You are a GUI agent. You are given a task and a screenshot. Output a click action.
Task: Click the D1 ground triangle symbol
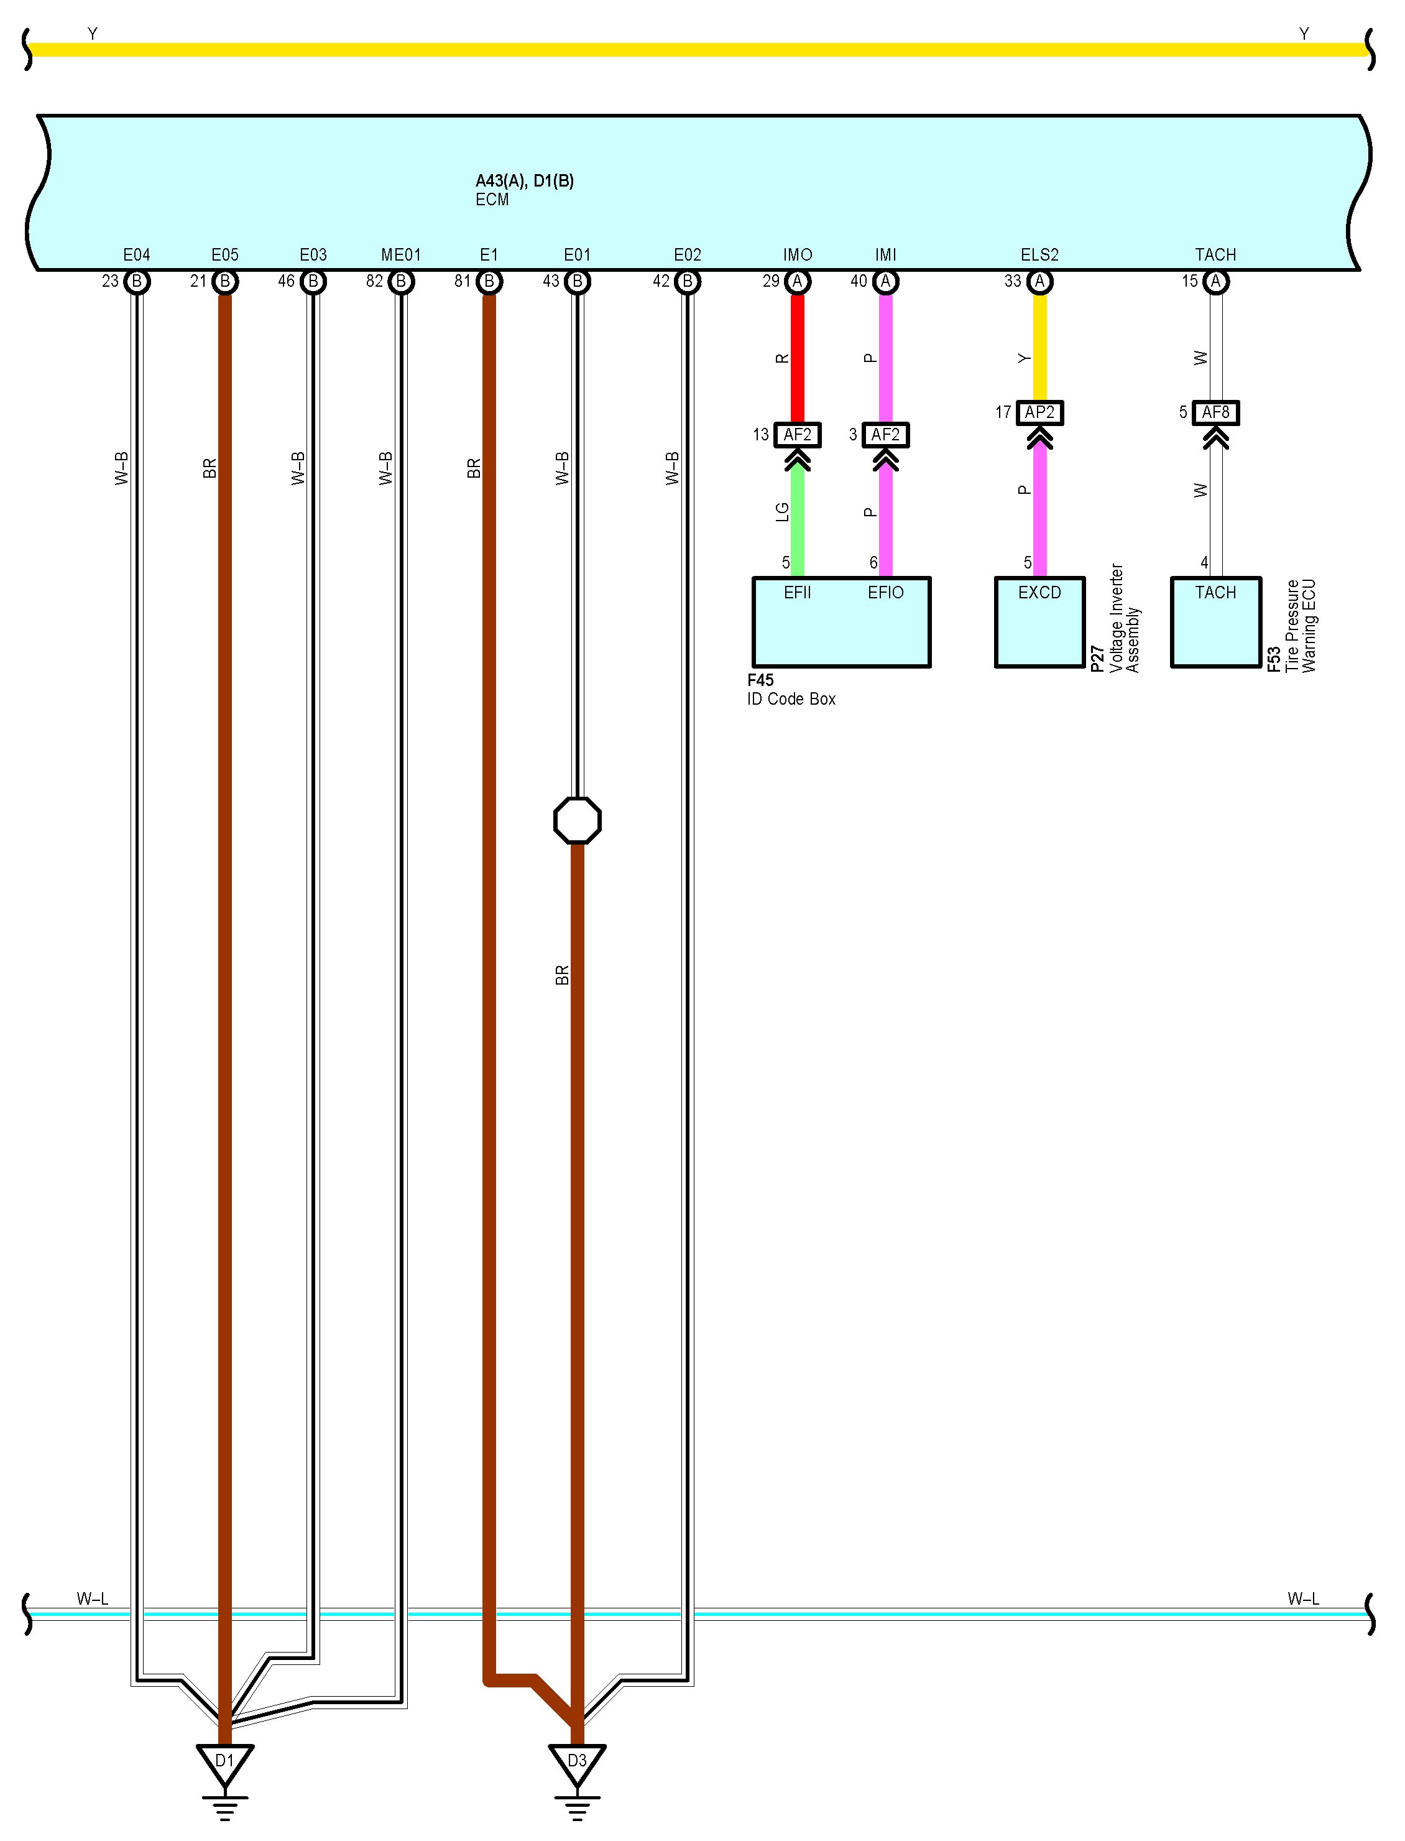[x=224, y=1763]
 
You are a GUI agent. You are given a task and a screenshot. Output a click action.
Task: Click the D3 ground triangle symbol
[x=577, y=1763]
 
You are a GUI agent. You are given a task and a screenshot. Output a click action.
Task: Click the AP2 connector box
[x=1039, y=412]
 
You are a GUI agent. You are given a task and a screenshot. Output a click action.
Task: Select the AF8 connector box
[x=1215, y=412]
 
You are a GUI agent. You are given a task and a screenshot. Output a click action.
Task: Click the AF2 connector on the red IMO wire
[x=797, y=435]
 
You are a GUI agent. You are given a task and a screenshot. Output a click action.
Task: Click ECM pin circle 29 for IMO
[x=797, y=282]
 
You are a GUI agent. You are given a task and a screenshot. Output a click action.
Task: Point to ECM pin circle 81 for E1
[x=489, y=282]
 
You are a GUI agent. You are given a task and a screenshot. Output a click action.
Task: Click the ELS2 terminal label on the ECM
[x=1039, y=254]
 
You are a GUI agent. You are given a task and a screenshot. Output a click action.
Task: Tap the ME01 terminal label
[x=400, y=254]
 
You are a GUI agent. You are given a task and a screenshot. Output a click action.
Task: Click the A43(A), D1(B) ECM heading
[x=524, y=180]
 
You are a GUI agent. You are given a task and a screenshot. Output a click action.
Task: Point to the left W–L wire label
[x=92, y=1598]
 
